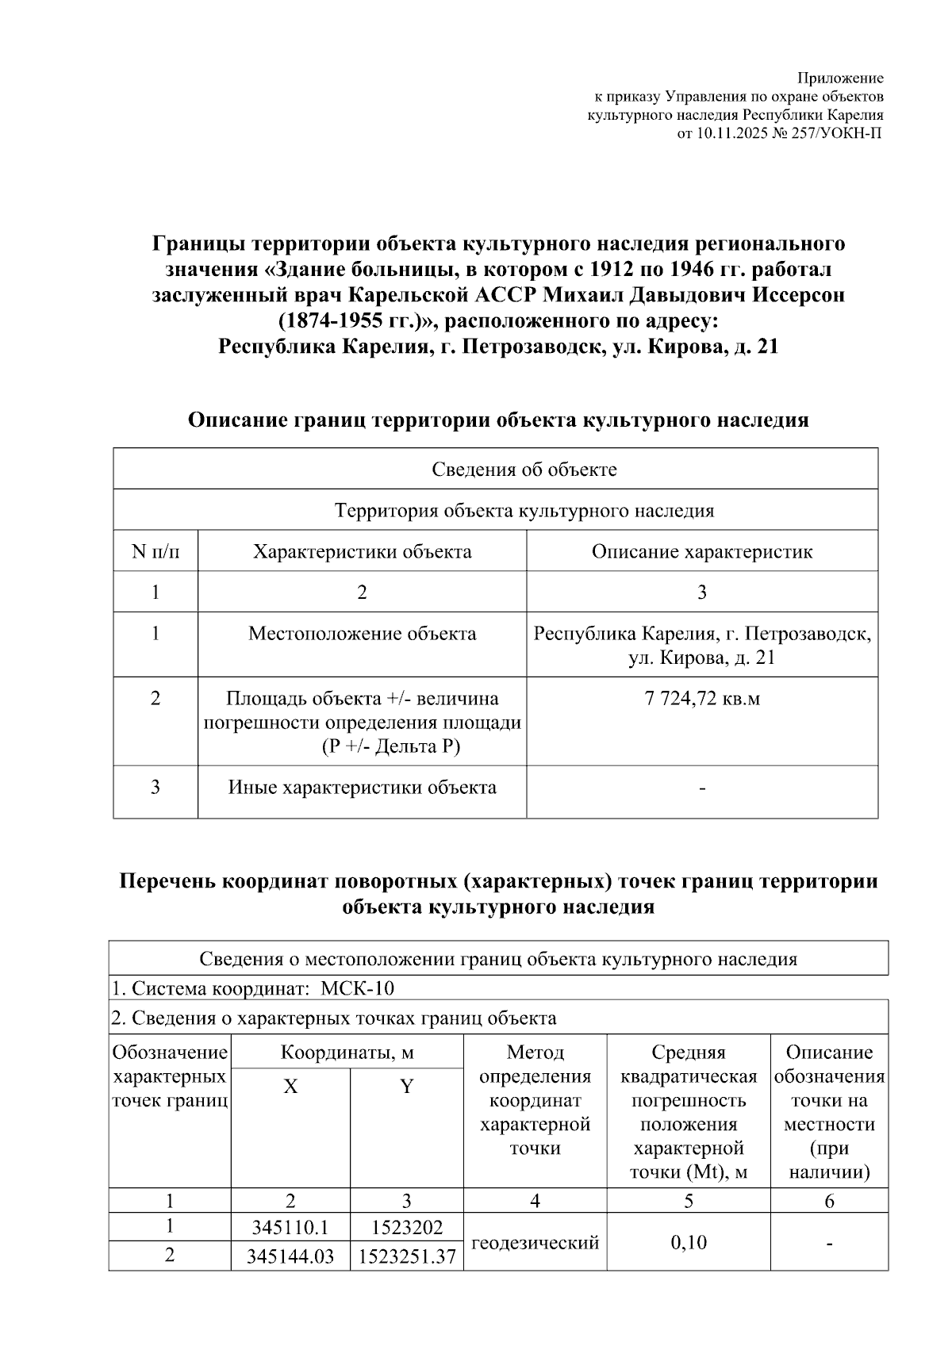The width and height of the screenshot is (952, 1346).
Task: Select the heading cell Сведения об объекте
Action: pos(524,470)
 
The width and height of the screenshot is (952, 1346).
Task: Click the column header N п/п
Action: pos(155,552)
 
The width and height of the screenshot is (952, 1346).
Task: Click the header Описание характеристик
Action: pos(701,552)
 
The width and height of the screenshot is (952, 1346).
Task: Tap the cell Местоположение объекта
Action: pos(362,634)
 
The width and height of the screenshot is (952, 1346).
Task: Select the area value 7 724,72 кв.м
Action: pos(701,699)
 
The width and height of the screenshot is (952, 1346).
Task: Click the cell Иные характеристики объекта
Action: pos(362,788)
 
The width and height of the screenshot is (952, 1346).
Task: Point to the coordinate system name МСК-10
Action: pos(357,989)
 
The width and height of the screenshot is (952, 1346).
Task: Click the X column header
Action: pos(290,1087)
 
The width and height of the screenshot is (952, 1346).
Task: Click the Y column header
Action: pos(406,1087)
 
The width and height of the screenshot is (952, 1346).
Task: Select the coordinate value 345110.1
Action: pos(290,1229)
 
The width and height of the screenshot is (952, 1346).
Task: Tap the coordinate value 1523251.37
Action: pos(406,1257)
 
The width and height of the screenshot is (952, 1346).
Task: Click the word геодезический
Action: pos(535,1243)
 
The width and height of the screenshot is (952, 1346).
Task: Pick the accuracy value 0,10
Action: pos(688,1243)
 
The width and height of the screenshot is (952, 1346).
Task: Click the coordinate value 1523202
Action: pos(406,1229)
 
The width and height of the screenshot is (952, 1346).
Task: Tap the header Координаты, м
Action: pos(347,1053)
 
